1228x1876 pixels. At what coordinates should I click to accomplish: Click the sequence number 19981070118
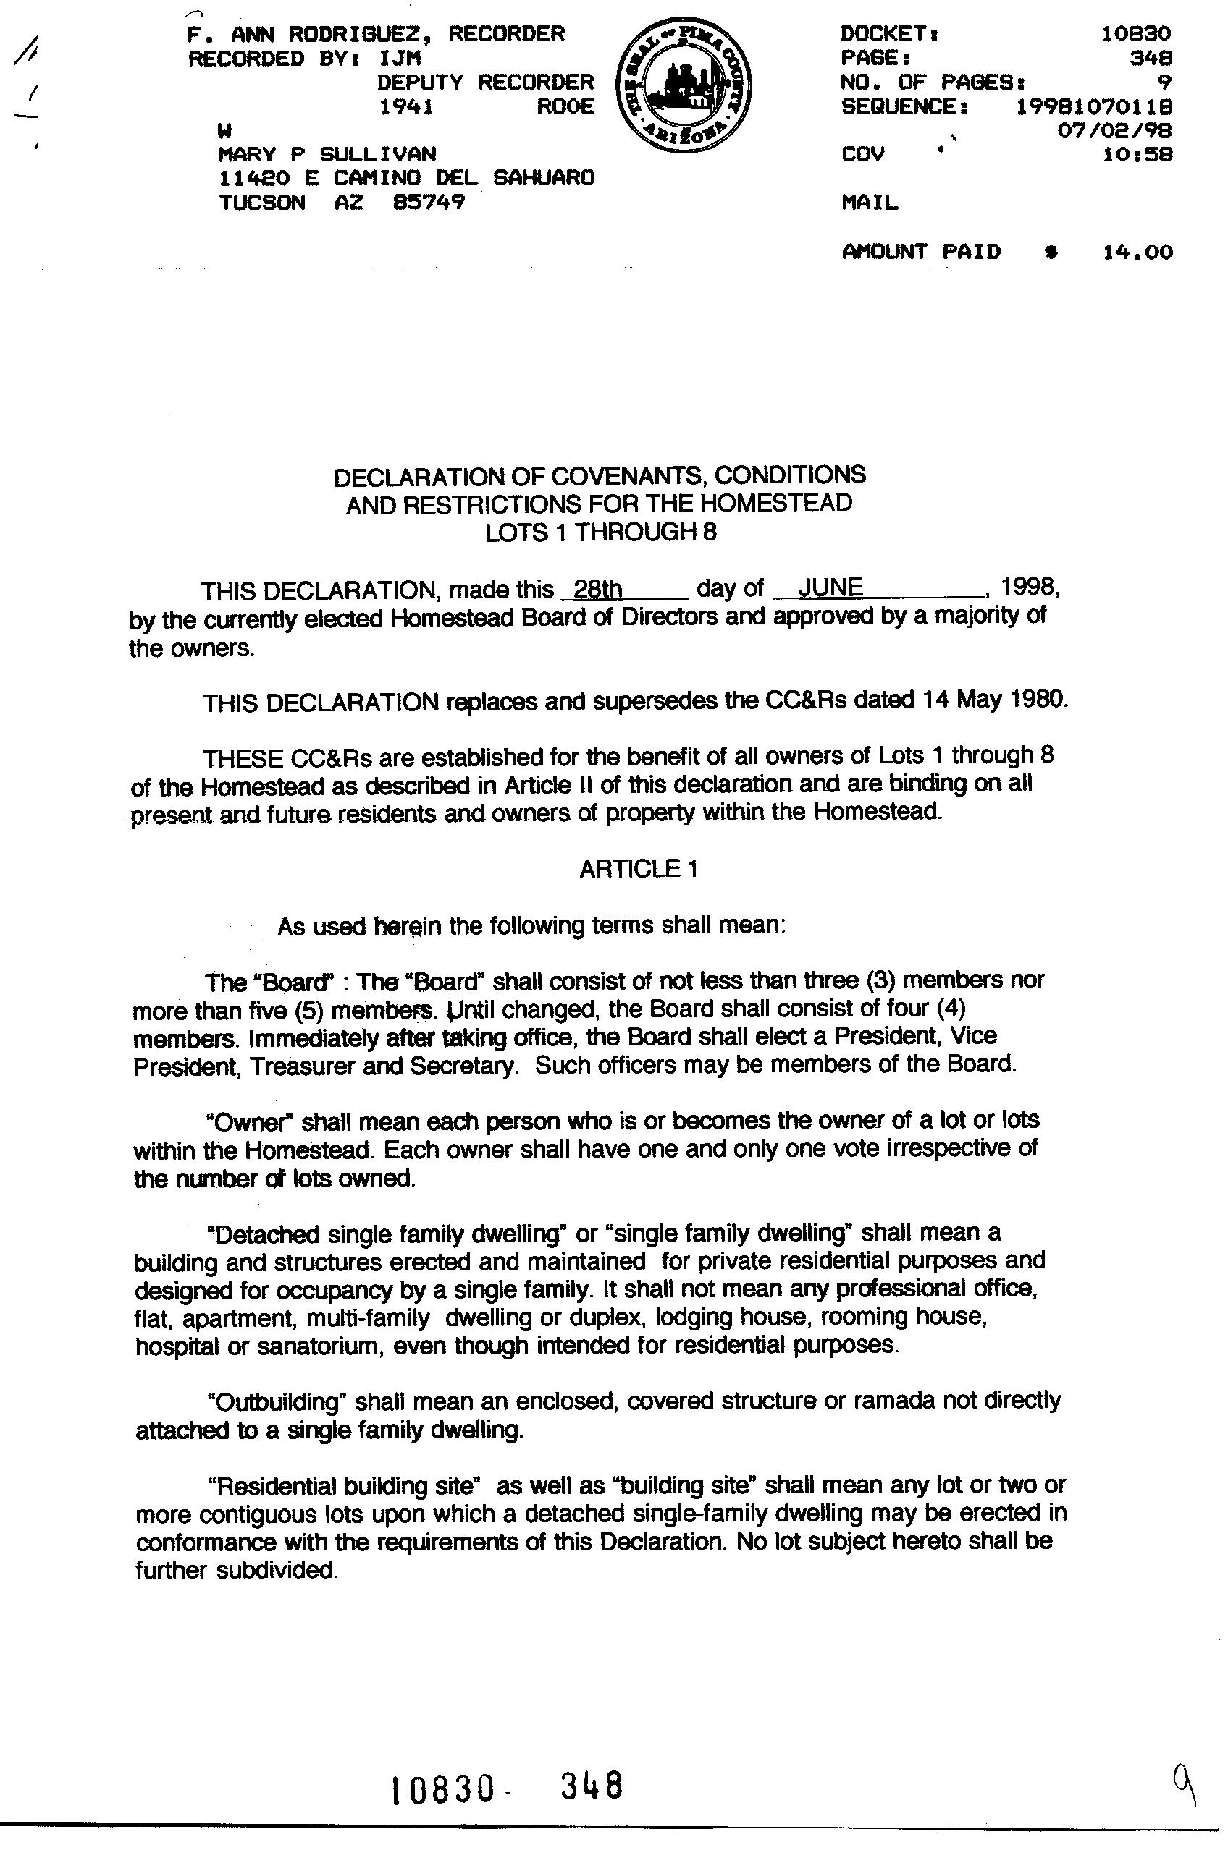1094,106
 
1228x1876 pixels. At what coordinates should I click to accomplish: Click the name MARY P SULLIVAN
327,153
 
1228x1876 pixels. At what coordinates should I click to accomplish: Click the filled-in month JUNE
830,587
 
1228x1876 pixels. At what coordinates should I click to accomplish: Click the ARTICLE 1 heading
638,869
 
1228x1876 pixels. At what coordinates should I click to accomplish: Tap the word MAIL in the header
869,203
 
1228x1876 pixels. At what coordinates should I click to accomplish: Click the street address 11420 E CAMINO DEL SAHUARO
406,178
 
